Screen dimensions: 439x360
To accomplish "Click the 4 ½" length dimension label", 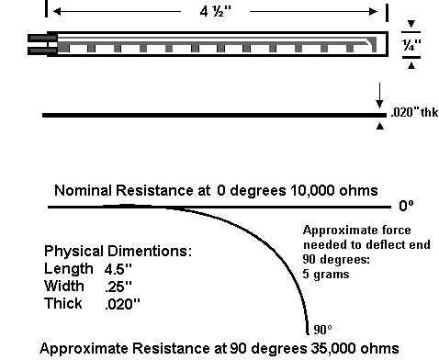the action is [x=216, y=12].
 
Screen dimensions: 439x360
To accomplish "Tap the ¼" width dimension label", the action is [x=411, y=45].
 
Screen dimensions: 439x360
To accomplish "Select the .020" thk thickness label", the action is [x=414, y=112].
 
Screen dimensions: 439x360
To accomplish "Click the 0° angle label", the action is [x=406, y=206].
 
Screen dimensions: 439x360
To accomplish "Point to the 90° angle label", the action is [x=322, y=330].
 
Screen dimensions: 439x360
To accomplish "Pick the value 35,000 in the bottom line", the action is [x=333, y=348].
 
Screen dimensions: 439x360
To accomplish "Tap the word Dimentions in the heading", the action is [x=150, y=251].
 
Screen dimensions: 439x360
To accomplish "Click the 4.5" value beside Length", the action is [x=118, y=269].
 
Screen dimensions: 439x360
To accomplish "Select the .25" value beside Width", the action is [x=118, y=287].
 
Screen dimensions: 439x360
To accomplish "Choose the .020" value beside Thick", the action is [x=122, y=304].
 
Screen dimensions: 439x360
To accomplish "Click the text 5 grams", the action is [x=326, y=274].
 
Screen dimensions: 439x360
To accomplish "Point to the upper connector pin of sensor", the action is [x=42, y=38].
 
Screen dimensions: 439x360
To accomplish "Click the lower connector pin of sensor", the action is [x=42, y=51].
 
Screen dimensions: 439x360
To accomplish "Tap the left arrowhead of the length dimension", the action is [x=57, y=12].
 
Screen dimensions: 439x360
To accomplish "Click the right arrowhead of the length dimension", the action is [x=374, y=12].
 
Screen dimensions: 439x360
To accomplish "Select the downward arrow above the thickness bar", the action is [x=379, y=96].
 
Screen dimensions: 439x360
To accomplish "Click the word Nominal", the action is [x=83, y=190].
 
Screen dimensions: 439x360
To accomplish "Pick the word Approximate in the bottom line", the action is [x=84, y=349].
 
